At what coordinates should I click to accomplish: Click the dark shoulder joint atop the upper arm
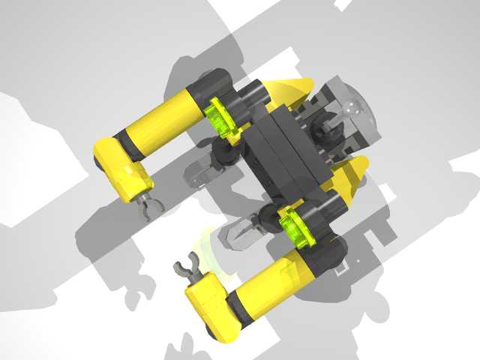213,86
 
